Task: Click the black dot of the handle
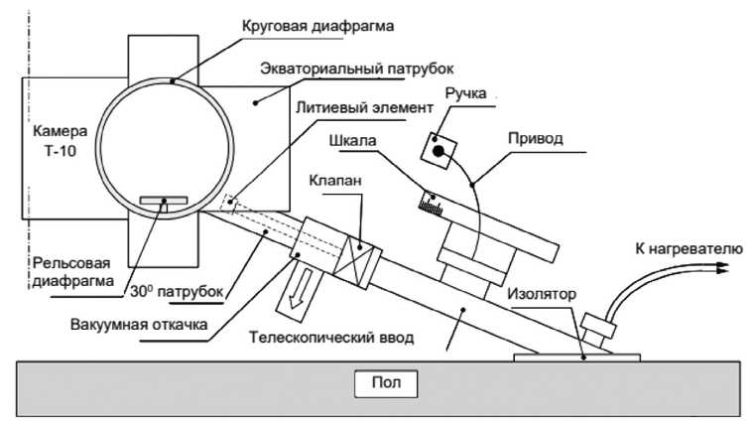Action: click(x=438, y=149)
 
